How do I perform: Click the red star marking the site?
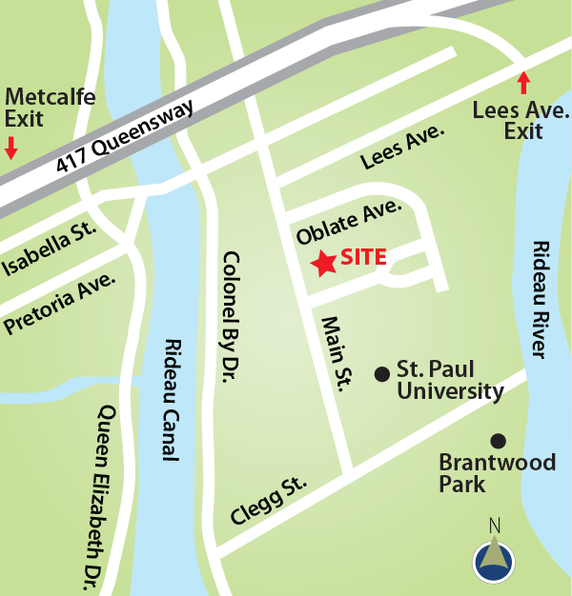[324, 263]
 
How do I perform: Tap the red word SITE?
[362, 257]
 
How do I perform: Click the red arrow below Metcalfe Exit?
[10, 147]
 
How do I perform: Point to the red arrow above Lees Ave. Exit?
[522, 82]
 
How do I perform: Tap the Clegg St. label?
[269, 501]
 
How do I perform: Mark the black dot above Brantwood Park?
[497, 440]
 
